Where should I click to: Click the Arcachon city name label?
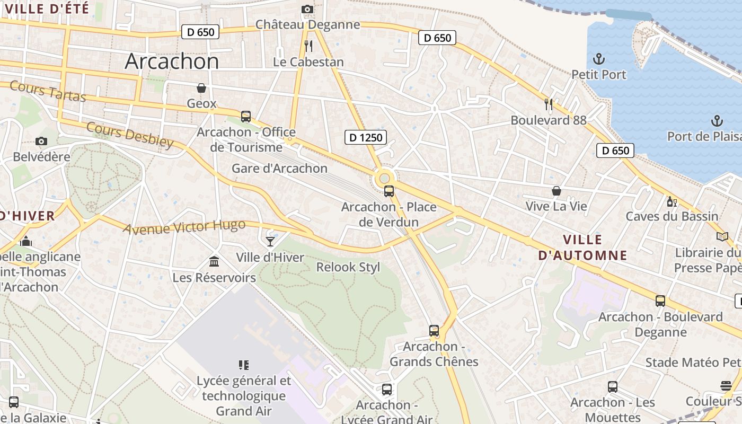(172, 61)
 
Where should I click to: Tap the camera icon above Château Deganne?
(307, 9)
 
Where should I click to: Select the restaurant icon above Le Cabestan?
(308, 46)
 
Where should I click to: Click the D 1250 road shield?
(365, 138)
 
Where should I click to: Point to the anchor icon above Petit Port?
(599, 59)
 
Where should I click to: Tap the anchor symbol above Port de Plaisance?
(717, 121)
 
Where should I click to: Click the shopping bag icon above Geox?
(201, 88)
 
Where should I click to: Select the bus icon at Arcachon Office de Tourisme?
(245, 117)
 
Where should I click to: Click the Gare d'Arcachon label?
(279, 169)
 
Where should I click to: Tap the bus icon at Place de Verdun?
(389, 191)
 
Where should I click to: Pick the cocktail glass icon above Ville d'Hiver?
(270, 242)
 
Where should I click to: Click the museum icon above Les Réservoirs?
(214, 262)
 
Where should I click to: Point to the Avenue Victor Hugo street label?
(184, 227)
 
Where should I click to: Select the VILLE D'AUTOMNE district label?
(582, 248)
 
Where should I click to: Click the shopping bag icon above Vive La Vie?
(556, 191)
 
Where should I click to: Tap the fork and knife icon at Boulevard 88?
(549, 104)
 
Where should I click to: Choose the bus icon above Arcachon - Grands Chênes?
(434, 331)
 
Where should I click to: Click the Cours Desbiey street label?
(130, 135)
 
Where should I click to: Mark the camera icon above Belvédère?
(41, 141)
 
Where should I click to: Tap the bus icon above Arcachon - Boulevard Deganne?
(660, 301)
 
